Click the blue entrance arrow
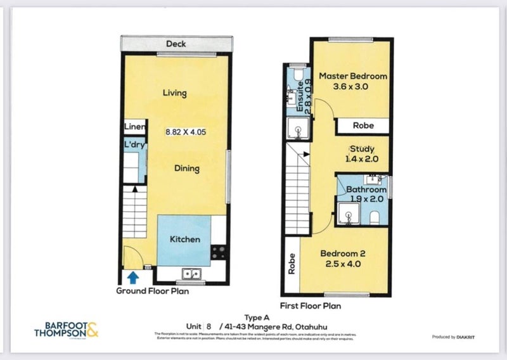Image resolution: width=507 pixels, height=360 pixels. coord(132,277)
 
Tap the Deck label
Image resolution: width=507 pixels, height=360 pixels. coord(176,44)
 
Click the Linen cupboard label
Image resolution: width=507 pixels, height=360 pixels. coord(135,127)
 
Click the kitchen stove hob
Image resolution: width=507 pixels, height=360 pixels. coord(219,252)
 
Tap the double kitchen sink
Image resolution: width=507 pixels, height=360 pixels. coord(191,274)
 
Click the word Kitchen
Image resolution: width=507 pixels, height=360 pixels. coord(185,240)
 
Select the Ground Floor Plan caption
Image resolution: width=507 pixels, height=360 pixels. coord(152,292)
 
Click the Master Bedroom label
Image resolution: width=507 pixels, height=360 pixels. coord(353,75)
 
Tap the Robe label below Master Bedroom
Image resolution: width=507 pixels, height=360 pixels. coord(364,125)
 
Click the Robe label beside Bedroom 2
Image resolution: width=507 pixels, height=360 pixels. coord(292,264)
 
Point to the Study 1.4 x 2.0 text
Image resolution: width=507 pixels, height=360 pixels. coord(361,155)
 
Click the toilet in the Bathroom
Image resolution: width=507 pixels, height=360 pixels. coord(374,217)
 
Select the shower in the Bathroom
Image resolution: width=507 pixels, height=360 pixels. coord(349,214)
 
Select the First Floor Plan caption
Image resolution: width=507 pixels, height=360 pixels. coord(315,305)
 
